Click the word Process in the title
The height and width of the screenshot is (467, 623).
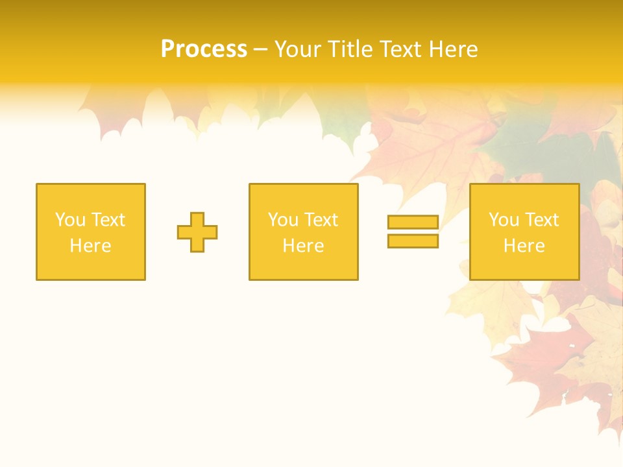pos(204,49)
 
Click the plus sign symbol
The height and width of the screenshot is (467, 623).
pos(197,232)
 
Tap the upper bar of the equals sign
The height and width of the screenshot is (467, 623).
pos(413,222)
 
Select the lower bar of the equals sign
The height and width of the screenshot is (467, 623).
pos(413,241)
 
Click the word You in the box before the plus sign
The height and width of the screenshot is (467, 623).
pos(70,220)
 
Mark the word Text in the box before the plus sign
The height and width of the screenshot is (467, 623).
pos(108,220)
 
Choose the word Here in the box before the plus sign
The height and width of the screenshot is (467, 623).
pos(90,246)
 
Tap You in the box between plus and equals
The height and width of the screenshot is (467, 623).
pos(283,220)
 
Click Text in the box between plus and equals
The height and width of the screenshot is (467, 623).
pos(321,220)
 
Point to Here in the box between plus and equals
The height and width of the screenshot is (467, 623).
pos(303,246)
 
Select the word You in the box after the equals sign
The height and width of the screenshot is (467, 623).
pos(504,220)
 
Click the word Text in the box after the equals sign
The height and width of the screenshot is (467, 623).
pos(541,220)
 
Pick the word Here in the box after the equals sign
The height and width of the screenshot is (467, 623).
pos(524,246)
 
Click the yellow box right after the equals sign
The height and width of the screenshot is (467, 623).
pos(524,266)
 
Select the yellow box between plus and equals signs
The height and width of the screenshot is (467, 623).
pos(304,266)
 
